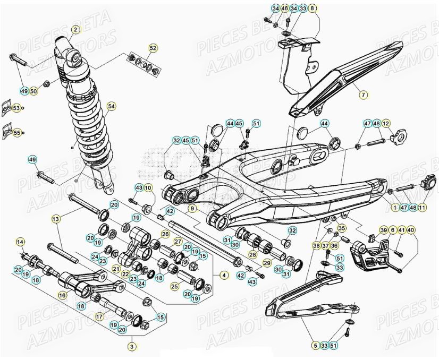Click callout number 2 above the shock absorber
75,30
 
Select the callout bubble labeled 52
153,49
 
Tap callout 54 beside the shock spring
111,107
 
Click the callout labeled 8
311,8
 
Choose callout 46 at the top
284,8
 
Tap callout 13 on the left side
56,218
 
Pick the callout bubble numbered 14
21,242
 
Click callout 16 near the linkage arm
63,295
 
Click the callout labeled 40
411,229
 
